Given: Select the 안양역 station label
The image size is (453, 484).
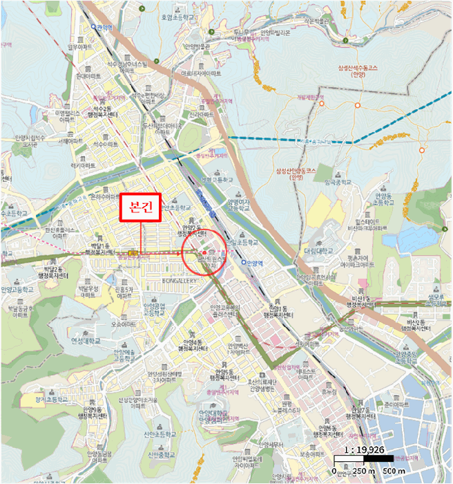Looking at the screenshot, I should [254, 263].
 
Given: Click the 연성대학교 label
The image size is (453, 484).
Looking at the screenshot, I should [85, 340].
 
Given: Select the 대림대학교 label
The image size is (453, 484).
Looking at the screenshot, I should [318, 250].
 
